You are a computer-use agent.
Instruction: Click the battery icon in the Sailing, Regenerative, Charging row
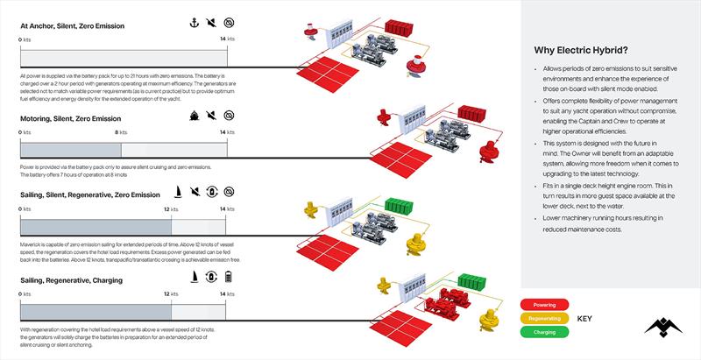(x=230, y=278)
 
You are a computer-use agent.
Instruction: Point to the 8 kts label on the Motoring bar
(x=121, y=132)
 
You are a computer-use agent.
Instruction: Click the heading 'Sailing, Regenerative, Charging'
(x=71, y=280)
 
